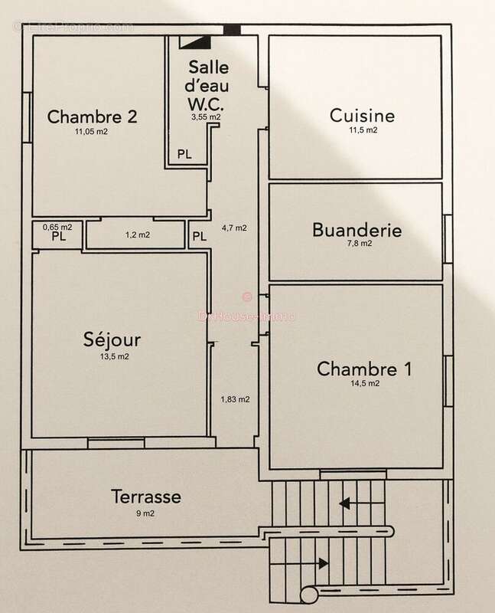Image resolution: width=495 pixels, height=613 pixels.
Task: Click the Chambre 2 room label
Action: (x=93, y=117)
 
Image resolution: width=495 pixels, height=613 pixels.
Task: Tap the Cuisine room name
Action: (x=362, y=116)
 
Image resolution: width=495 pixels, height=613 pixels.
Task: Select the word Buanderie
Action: (x=357, y=229)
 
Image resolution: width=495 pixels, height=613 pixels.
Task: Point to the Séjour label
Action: (x=112, y=340)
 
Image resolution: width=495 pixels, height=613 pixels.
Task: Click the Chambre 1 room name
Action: (x=364, y=369)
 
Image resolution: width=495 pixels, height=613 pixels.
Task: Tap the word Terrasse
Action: (x=145, y=496)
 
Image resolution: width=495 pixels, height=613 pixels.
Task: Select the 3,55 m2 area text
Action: (x=207, y=117)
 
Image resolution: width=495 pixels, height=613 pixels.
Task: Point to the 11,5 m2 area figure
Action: (x=362, y=131)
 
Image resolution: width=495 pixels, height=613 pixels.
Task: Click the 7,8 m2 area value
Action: (x=357, y=244)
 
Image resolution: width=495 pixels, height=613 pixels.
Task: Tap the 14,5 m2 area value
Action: (x=364, y=384)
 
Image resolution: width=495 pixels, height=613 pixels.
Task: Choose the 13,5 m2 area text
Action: (x=112, y=356)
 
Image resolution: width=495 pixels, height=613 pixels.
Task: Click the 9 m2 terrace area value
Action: (x=145, y=512)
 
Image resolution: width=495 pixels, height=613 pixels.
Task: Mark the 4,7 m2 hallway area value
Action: (x=234, y=228)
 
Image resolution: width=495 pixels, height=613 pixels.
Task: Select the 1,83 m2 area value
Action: (x=235, y=398)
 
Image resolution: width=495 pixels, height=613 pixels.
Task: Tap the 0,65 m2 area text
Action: (x=57, y=227)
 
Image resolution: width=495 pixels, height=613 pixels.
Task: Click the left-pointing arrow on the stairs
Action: (x=345, y=503)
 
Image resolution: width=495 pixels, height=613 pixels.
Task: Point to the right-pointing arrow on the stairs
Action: (x=324, y=563)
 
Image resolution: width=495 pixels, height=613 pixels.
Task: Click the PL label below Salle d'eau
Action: (x=184, y=154)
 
